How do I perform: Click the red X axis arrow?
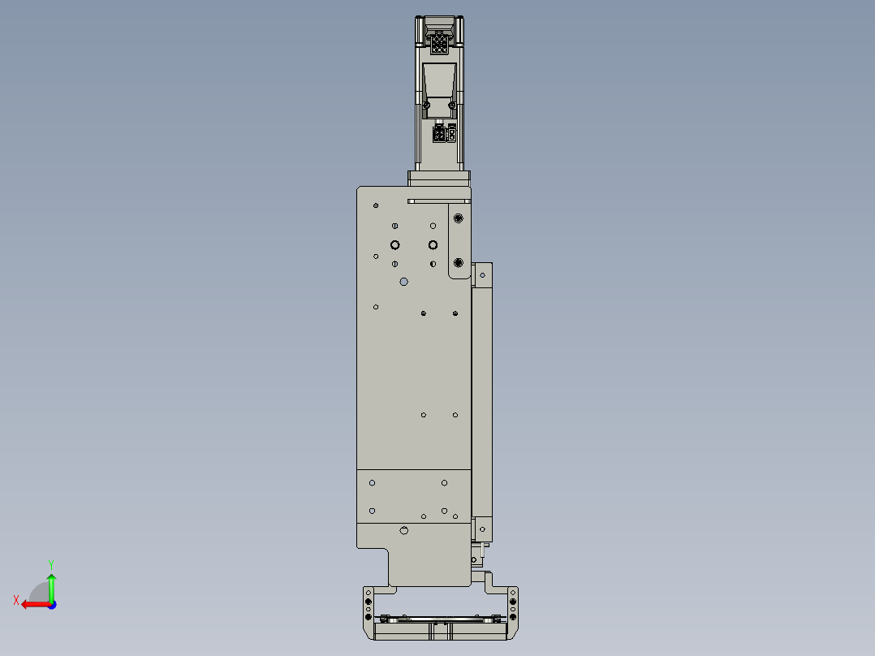32,604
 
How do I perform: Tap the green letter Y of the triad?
50,563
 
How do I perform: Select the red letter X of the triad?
15,600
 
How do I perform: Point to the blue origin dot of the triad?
51,604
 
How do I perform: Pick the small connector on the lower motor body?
444,134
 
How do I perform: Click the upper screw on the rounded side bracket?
459,218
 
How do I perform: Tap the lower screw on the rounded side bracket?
459,262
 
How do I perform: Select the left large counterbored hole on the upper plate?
394,245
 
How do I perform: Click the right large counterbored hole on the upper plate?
433,245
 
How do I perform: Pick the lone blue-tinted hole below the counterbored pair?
404,282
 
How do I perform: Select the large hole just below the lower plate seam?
404,531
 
